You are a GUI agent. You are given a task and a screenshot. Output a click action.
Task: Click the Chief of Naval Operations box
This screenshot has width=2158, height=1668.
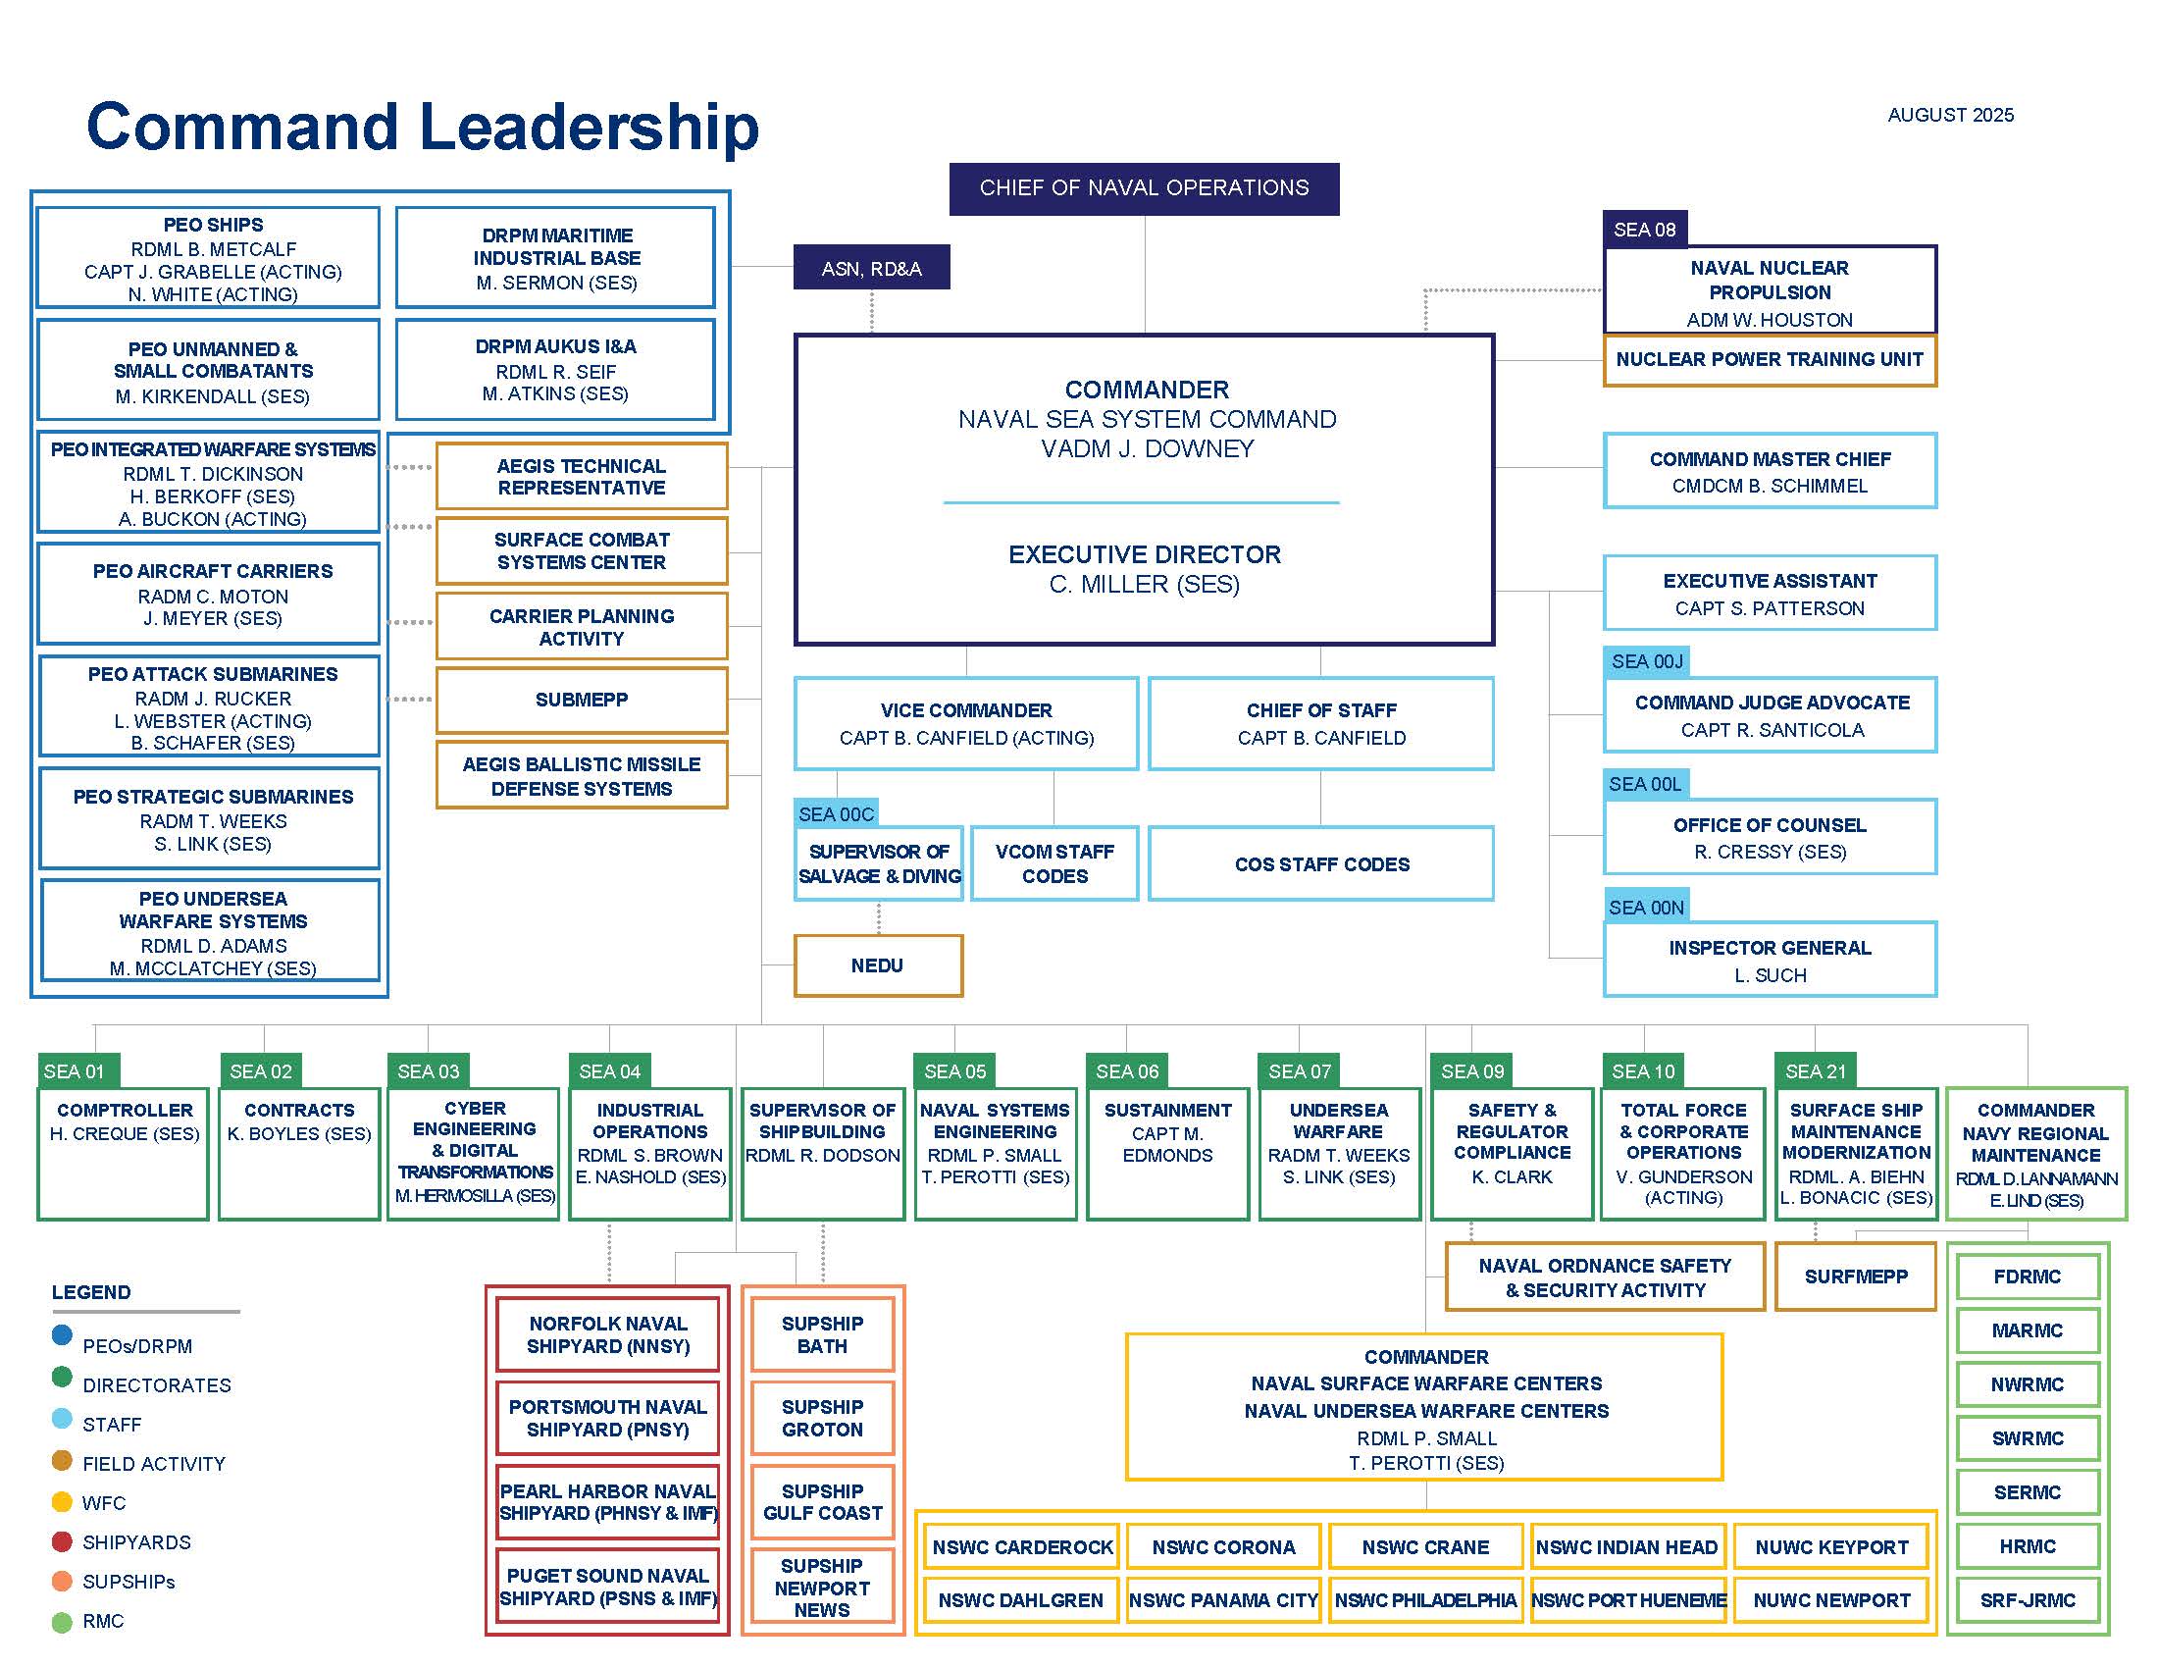point(1143,188)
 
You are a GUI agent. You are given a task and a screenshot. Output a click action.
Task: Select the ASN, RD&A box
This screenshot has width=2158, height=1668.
point(870,268)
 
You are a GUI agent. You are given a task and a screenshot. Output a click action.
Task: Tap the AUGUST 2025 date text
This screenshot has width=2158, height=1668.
point(1949,115)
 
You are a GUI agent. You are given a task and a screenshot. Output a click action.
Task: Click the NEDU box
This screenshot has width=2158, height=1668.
point(878,965)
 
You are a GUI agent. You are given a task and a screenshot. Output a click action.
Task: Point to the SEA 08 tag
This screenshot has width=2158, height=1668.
point(1644,230)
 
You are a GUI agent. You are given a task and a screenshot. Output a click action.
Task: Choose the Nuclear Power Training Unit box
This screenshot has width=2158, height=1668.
point(1769,360)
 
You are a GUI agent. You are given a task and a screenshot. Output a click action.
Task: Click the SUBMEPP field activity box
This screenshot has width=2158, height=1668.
point(581,700)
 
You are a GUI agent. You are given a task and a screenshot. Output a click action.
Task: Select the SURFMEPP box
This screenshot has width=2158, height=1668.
point(1855,1277)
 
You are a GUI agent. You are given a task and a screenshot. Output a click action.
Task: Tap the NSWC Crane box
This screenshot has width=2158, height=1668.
point(1425,1547)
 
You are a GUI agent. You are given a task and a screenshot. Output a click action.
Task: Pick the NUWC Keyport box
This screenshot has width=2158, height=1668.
point(1831,1547)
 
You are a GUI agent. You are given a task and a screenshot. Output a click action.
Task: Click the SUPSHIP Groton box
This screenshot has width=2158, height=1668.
point(822,1418)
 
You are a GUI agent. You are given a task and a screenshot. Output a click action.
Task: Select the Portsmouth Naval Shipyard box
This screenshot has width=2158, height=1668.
point(608,1418)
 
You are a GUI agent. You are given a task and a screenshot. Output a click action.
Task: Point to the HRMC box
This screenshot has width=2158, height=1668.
point(2027,1546)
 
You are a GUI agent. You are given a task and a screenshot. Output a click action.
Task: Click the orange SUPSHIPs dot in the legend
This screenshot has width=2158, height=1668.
point(62,1581)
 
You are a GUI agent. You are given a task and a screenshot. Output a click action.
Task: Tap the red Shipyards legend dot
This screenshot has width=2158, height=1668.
point(62,1541)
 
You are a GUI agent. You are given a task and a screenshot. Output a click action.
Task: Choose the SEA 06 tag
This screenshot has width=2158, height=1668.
point(1126,1071)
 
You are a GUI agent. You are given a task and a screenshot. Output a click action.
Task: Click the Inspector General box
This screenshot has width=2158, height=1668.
point(1769,961)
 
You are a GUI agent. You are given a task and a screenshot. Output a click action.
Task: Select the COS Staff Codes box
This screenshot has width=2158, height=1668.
point(1321,864)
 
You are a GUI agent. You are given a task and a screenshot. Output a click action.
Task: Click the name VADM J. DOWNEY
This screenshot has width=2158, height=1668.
point(1146,449)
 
